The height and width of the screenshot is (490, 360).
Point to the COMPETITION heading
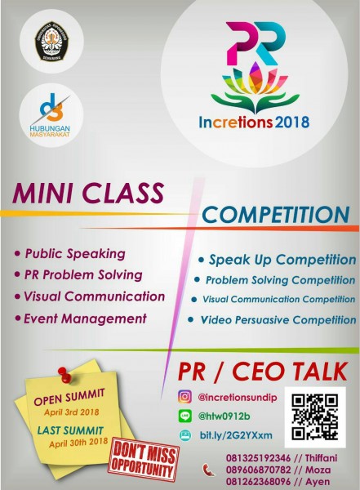point(275,215)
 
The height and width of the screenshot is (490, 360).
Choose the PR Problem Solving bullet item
point(83,274)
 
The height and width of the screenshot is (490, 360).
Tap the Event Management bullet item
point(85,318)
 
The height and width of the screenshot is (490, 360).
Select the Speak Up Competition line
point(282,261)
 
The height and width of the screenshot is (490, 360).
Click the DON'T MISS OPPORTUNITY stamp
point(144,461)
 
